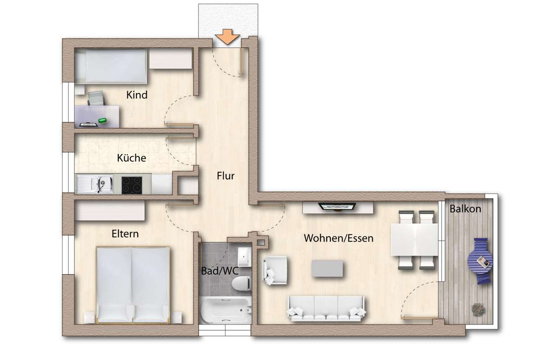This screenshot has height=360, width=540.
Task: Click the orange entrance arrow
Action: pos(227,36)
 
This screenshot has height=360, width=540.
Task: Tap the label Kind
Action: pos(137,95)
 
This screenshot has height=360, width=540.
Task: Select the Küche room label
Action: pos(131,158)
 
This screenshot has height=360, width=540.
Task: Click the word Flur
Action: pos(225,176)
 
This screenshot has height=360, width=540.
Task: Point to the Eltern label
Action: pos(125,234)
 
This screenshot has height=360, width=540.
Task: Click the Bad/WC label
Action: pos(220,271)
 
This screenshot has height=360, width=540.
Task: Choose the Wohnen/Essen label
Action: pos(338,238)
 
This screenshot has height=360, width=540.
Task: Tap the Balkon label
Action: pos(465,209)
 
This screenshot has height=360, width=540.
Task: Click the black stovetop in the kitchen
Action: pos(131,185)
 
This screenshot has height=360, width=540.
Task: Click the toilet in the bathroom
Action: pos(242,284)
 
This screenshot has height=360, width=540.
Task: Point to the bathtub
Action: pos(226,310)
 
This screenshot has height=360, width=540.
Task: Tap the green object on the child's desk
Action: pos(103,120)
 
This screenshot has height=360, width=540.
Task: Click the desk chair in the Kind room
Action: pos(96,98)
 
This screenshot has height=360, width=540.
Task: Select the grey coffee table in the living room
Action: pos(327,268)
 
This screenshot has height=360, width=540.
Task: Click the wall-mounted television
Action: pos(337,207)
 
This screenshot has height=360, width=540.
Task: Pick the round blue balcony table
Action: pos(480,261)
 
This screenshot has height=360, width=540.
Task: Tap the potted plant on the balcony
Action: pos(478,309)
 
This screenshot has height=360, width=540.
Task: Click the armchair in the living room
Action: pos(275,270)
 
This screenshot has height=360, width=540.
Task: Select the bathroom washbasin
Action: pos(245,257)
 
